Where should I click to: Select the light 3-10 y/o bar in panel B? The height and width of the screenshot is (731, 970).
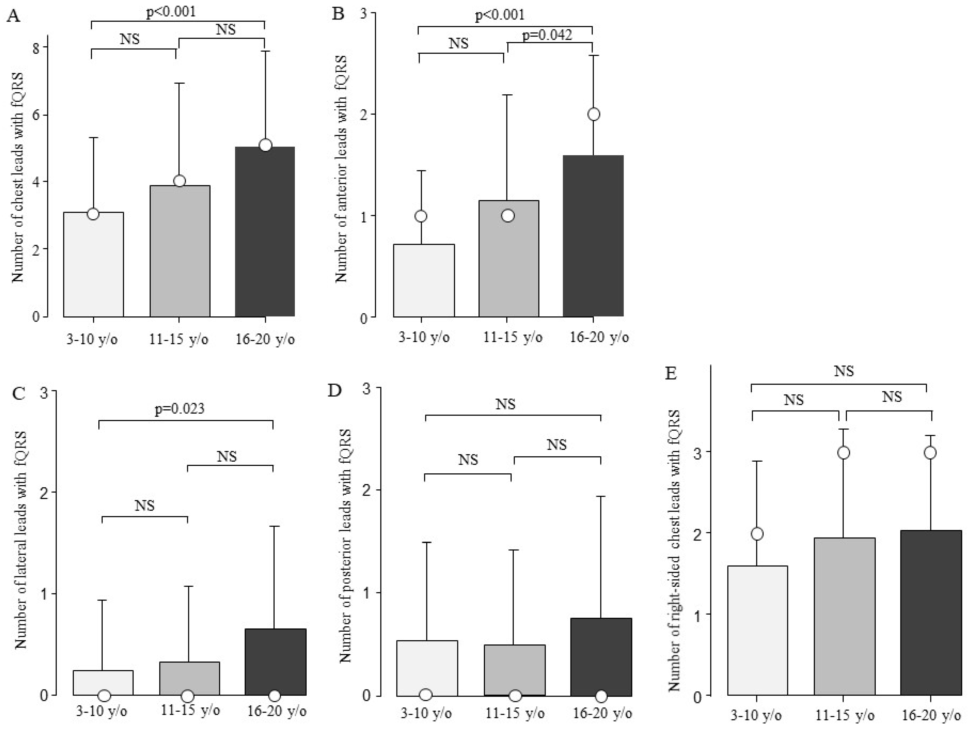click(x=424, y=281)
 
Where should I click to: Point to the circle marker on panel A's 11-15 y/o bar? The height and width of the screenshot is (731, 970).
click(x=179, y=181)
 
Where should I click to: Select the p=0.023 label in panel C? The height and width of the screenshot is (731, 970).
click(x=179, y=409)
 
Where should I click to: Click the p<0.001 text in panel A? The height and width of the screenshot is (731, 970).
click(x=171, y=12)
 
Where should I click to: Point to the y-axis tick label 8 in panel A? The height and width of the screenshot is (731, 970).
click(x=36, y=47)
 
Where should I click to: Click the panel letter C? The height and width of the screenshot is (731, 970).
click(x=19, y=393)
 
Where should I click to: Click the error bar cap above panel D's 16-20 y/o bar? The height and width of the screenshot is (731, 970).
click(x=601, y=496)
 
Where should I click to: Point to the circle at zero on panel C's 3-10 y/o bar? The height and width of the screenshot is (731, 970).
click(x=104, y=695)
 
